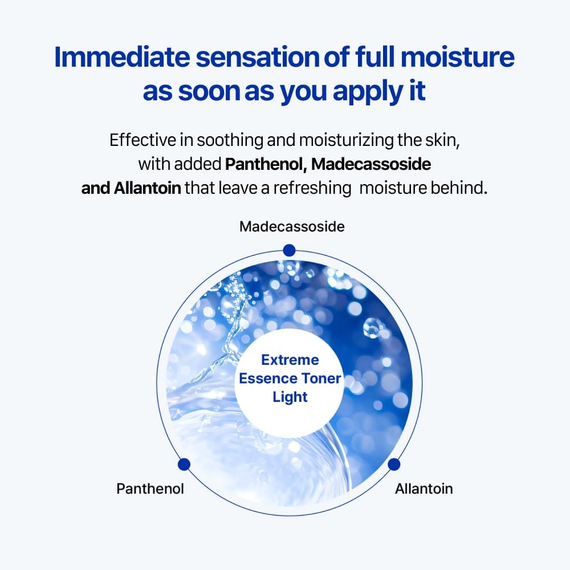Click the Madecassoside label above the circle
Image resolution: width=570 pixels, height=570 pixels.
click(292, 226)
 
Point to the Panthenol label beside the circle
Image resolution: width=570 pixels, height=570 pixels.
click(150, 488)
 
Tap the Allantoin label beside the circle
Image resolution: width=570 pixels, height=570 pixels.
click(424, 488)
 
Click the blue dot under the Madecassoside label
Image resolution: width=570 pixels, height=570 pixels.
click(289, 250)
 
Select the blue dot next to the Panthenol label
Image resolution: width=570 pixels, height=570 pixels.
click(184, 465)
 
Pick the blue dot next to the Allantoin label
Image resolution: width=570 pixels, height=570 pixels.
click(394, 465)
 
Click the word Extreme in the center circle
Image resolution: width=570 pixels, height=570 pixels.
click(290, 360)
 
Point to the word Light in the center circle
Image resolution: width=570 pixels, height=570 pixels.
click(290, 397)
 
